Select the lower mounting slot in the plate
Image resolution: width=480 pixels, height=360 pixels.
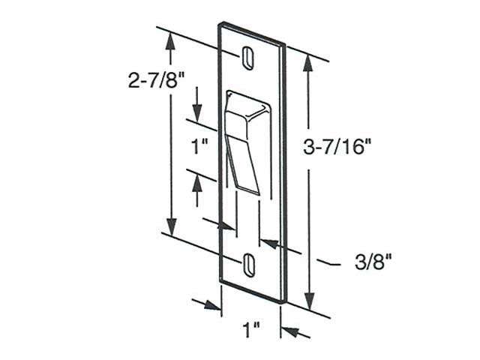click(248, 262)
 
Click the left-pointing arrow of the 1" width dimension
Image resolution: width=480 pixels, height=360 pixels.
click(291, 331)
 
